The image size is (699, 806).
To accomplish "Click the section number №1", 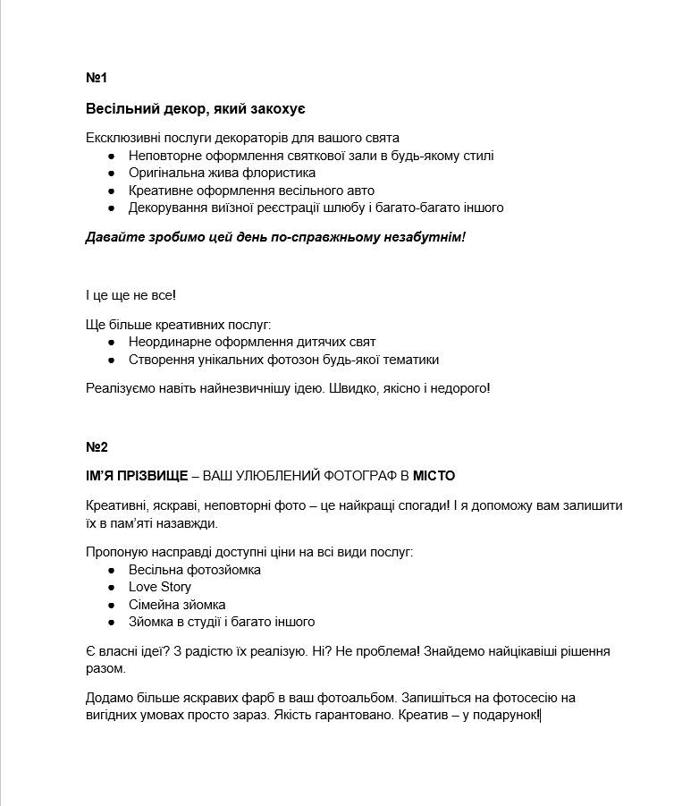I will (x=97, y=78).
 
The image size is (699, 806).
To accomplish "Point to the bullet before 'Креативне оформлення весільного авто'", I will (x=111, y=191).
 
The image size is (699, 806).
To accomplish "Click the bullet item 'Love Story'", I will (x=159, y=587).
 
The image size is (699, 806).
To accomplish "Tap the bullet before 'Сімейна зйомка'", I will (x=111, y=605).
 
